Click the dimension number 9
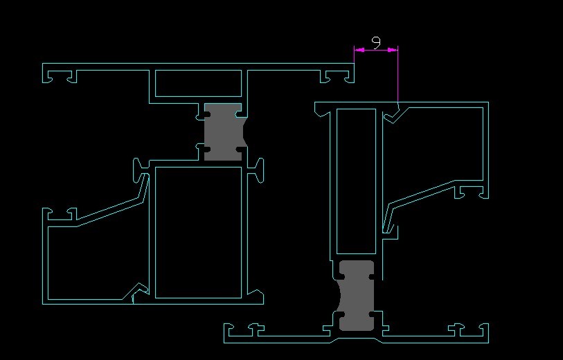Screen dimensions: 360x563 (376, 42)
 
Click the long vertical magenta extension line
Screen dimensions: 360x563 (398, 76)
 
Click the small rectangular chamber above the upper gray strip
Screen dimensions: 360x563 (198, 83)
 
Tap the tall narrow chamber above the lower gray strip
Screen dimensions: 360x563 (356, 180)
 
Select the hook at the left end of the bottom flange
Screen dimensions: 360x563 (230, 333)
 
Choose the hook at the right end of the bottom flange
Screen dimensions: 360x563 (484, 333)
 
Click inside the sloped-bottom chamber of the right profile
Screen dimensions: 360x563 (436, 145)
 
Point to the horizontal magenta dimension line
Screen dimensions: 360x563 (376, 49)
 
